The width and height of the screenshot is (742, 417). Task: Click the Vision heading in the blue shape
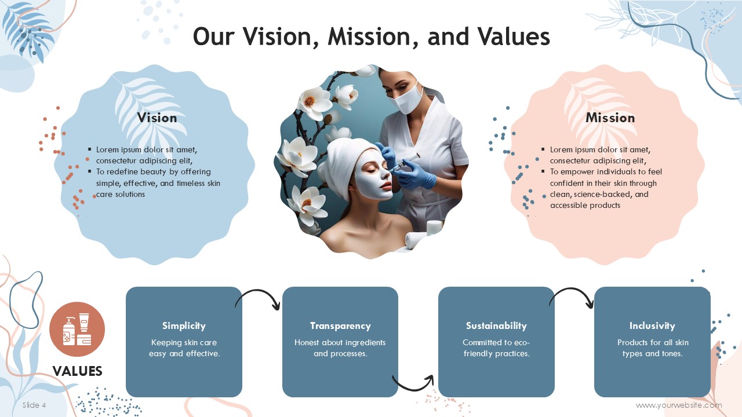coord(157,118)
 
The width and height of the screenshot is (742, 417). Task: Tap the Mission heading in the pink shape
coord(610,118)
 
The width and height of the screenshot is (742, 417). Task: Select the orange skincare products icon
coord(77,330)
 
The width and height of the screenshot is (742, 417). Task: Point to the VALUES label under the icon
coord(78,371)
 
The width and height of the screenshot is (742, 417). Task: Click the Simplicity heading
coord(184,326)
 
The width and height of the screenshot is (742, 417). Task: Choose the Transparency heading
coord(340,326)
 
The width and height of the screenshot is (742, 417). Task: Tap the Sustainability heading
coord(496,326)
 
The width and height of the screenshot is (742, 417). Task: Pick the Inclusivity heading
coord(652,326)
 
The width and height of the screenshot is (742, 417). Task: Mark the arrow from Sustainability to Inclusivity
coord(572,290)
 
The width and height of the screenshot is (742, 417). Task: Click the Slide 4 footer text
coord(34,405)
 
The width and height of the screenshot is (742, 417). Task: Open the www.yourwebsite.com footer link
coord(679,405)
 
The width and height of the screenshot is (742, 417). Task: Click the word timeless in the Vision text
coord(191,184)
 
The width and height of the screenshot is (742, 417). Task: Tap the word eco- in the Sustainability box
coord(521,342)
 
